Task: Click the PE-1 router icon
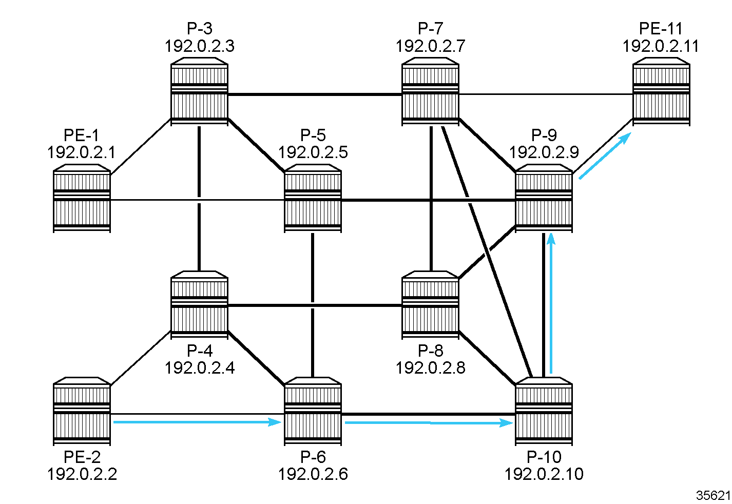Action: click(82, 199)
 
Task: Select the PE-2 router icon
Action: click(82, 411)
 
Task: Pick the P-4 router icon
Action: click(199, 305)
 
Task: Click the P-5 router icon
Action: click(313, 199)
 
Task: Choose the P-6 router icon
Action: click(313, 411)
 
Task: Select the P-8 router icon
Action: click(430, 305)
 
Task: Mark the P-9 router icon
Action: click(544, 199)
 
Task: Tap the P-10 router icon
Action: click(544, 411)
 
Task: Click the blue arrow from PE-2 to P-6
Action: click(197, 422)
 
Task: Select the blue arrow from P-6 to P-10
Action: click(428, 422)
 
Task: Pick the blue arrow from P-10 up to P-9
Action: click(551, 303)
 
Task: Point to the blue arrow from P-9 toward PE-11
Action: click(605, 156)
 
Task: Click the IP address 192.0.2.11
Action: click(661, 46)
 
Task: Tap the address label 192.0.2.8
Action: click(430, 367)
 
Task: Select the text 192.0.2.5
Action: click(313, 152)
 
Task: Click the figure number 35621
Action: click(713, 495)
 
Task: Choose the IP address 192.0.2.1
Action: click(82, 152)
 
